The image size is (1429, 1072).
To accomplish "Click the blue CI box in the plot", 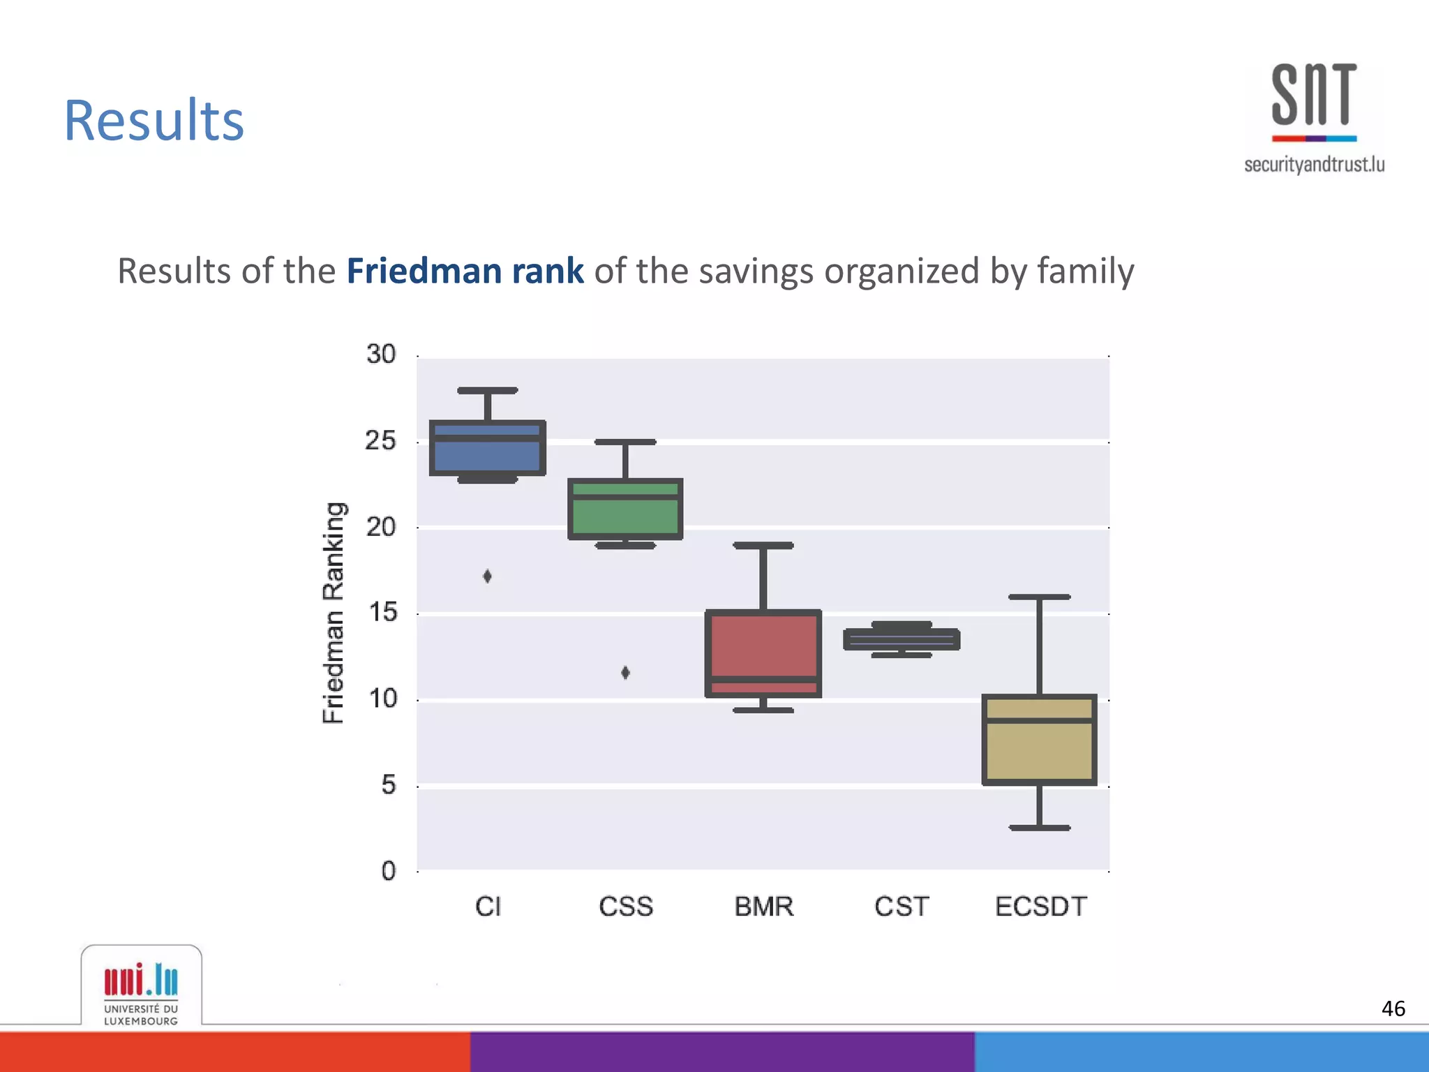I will [487, 448].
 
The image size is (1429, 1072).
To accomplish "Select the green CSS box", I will [625, 509].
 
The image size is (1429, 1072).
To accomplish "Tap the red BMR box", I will [763, 654].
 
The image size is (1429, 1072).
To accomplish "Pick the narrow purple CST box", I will [901, 639].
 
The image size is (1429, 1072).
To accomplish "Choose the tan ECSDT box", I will [1040, 740].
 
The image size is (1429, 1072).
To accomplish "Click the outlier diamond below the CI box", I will [487, 576].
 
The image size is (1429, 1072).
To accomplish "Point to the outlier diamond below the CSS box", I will [625, 672].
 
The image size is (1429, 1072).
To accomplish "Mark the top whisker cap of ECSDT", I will [1040, 597].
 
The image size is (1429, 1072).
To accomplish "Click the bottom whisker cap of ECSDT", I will [1040, 828].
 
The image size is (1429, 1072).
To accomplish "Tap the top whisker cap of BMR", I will [763, 545].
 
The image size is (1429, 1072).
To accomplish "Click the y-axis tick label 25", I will [380, 441].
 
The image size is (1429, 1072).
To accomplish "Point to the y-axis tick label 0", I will [388, 871].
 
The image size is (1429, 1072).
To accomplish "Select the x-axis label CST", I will [901, 907].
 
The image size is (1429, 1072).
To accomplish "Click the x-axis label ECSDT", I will [1040, 907].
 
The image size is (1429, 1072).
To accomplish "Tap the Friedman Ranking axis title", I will [334, 613].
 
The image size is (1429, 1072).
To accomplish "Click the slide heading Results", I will [154, 120].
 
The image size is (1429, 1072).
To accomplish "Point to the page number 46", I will [1393, 1008].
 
